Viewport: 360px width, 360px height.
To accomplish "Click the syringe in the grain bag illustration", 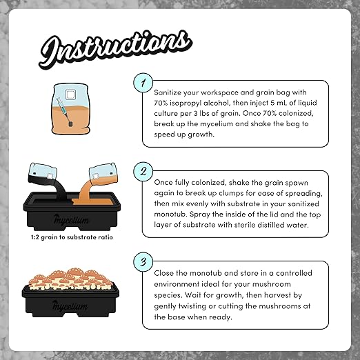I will [64, 106].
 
